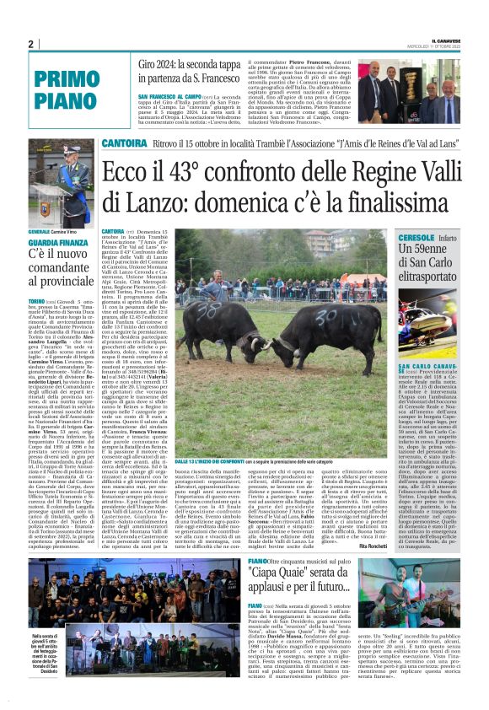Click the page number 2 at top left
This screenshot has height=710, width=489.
click(30, 44)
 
